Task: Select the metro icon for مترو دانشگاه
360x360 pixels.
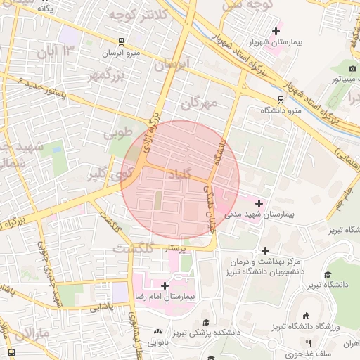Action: click(281, 99)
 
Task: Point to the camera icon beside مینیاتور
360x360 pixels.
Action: click(352, 68)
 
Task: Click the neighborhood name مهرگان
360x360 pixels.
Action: click(200, 103)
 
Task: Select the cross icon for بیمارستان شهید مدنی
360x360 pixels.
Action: click(259, 202)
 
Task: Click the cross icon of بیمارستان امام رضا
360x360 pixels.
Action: click(165, 285)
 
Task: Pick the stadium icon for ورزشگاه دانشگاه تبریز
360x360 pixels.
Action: click(304, 316)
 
